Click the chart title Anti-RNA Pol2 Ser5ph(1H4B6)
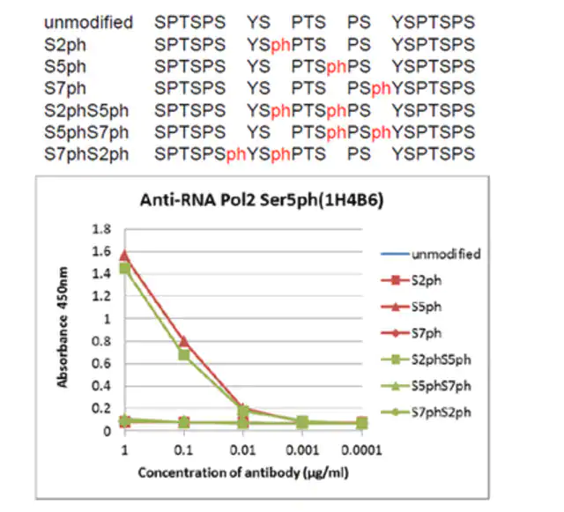point(262,200)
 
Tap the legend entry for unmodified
point(431,254)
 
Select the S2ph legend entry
point(412,280)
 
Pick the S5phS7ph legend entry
point(426,386)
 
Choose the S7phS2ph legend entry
point(426,412)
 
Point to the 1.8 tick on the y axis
point(101,229)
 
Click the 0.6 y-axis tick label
point(101,363)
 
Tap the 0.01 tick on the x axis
point(243,450)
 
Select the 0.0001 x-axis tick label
point(361,450)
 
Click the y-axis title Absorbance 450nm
point(63,327)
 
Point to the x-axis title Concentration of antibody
point(243,472)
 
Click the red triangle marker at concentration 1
point(124,256)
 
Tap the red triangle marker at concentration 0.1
point(184,341)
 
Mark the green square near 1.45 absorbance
point(125,268)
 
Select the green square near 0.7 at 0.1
point(184,355)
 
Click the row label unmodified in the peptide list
point(88,22)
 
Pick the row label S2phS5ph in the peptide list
point(86,111)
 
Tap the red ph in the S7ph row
point(381,88)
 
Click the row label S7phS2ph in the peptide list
point(86,154)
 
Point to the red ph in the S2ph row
point(280,45)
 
